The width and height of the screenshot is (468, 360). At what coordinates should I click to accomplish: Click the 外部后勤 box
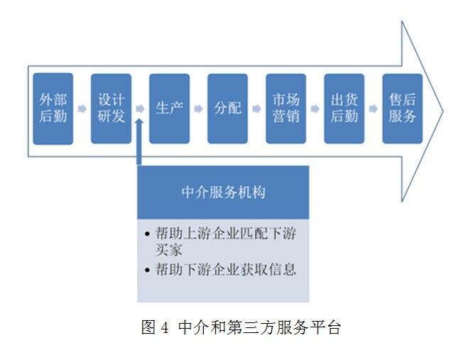53,109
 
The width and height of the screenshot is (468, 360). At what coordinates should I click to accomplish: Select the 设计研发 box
111,109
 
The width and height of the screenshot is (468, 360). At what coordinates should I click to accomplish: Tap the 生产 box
169,109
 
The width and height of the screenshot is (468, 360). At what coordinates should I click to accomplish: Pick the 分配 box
227,109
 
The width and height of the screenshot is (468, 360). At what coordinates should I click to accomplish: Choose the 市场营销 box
285,109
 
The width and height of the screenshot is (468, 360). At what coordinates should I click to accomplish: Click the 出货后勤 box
344,109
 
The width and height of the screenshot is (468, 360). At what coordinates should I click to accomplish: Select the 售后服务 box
402,109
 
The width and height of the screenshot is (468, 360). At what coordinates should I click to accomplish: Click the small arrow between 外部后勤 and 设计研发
82,109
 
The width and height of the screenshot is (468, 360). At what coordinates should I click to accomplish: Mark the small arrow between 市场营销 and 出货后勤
315,109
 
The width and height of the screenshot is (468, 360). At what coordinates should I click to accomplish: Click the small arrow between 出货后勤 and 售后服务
373,109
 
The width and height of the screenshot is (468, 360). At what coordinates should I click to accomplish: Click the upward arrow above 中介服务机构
140,138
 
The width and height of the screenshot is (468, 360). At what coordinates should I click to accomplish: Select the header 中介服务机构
223,192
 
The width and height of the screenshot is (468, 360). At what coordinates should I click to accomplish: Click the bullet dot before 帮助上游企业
146,234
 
